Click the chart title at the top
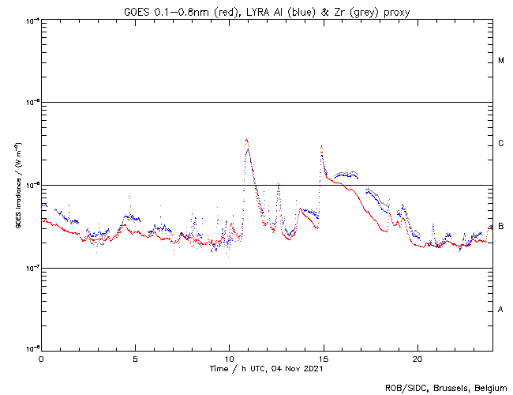267,9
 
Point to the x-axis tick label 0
41,358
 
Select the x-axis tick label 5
135,358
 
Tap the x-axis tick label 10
230,358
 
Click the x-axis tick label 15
324,358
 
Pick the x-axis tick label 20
418,358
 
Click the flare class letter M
501,61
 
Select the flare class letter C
501,144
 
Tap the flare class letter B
501,227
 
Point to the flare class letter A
501,309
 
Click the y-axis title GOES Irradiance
17,186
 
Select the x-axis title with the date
267,368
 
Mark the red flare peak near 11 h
247,140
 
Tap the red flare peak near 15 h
321,146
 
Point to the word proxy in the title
395,9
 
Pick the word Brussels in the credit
449,387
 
